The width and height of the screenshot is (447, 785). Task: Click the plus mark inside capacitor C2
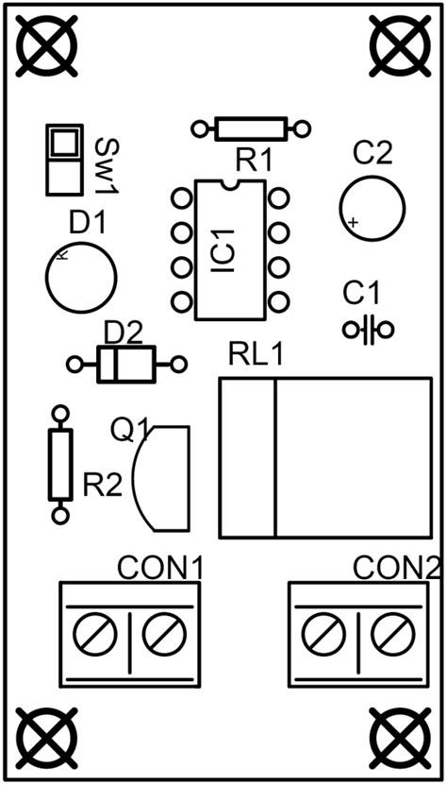[x=352, y=223]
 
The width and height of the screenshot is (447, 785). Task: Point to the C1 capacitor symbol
[x=368, y=330]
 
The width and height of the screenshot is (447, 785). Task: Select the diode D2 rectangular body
[x=125, y=364]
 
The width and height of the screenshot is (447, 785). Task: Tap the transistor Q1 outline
[x=165, y=477]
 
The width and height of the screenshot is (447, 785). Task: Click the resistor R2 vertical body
[x=60, y=464]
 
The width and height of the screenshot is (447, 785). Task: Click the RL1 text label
[x=256, y=356]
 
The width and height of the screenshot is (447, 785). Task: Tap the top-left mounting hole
[x=44, y=45]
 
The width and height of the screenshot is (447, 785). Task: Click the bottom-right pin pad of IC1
[x=277, y=302]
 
